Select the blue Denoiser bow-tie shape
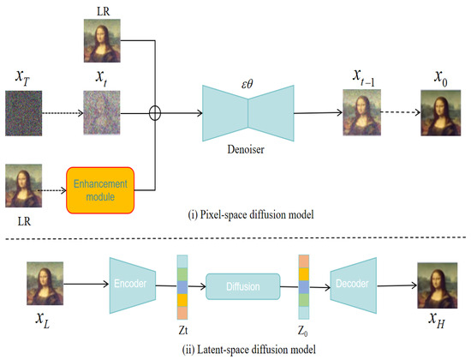[x=248, y=112]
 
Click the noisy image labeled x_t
[x=100, y=113]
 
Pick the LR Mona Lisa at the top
[x=101, y=39]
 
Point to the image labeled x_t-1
[x=361, y=113]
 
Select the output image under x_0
[x=437, y=113]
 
